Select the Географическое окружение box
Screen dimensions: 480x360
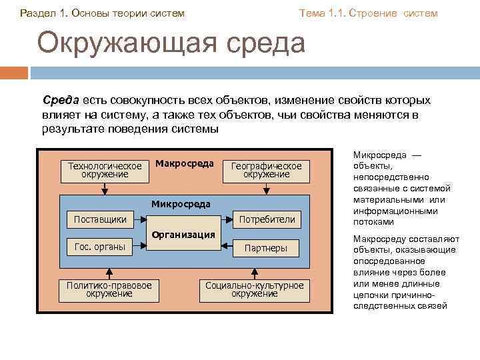coord(266,170)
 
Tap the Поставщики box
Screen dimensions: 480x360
coord(100,219)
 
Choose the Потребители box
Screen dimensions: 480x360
coord(266,219)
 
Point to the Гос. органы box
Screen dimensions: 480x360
coord(100,247)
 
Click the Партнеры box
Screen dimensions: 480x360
coord(266,248)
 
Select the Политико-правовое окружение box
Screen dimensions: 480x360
coord(109,289)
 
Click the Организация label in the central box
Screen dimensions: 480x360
coord(183,235)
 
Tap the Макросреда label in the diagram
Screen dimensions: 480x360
coord(184,163)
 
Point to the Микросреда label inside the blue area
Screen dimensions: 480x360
coord(181,204)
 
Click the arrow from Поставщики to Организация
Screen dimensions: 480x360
coord(139,219)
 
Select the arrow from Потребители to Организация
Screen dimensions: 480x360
coord(228,219)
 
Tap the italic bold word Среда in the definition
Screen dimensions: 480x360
coord(61,100)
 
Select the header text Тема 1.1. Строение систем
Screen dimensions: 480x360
coord(368,13)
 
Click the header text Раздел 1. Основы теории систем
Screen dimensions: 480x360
coord(103,13)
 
